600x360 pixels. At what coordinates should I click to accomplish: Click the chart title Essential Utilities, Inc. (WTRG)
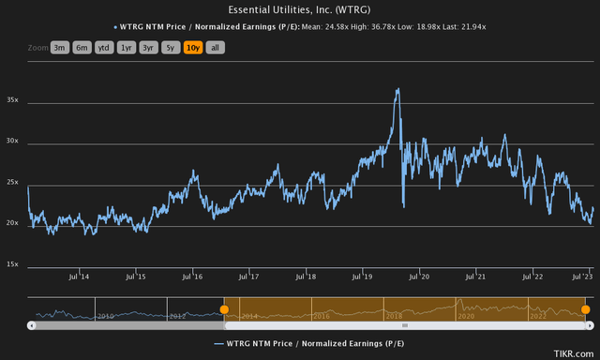point(300,9)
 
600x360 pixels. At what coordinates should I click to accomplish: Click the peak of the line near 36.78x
point(398,89)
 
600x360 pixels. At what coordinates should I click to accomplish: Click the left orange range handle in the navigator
point(224,309)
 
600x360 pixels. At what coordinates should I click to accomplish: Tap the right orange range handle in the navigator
point(585,309)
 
